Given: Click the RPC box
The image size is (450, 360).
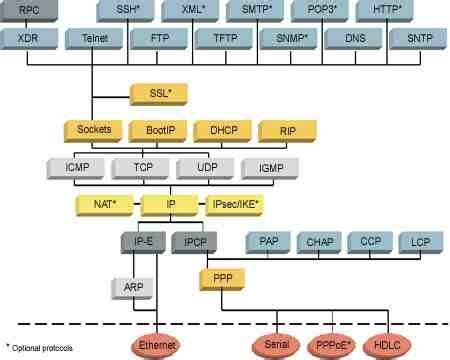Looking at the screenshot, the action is click(x=29, y=10).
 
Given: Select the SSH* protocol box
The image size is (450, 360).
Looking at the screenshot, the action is click(x=126, y=10).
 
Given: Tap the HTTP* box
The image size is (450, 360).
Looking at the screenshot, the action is click(x=383, y=10).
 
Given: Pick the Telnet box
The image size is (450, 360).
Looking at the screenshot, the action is click(x=92, y=39).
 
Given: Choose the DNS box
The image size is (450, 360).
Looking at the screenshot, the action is click(x=355, y=39).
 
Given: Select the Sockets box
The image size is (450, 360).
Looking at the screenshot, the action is click(x=93, y=131).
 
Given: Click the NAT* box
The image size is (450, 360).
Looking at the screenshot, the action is click(x=106, y=204).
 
